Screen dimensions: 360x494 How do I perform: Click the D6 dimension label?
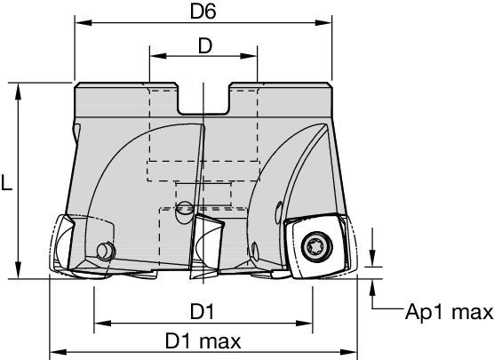point(203,11)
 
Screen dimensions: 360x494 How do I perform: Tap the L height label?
point(7,183)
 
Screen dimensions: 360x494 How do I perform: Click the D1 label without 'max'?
point(203,310)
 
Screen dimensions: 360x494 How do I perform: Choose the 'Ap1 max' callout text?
point(448,312)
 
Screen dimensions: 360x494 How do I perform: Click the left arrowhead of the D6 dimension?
point(81,21)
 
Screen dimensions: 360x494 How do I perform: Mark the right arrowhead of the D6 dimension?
point(328,21)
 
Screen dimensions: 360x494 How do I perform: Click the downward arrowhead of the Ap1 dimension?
point(372,259)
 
